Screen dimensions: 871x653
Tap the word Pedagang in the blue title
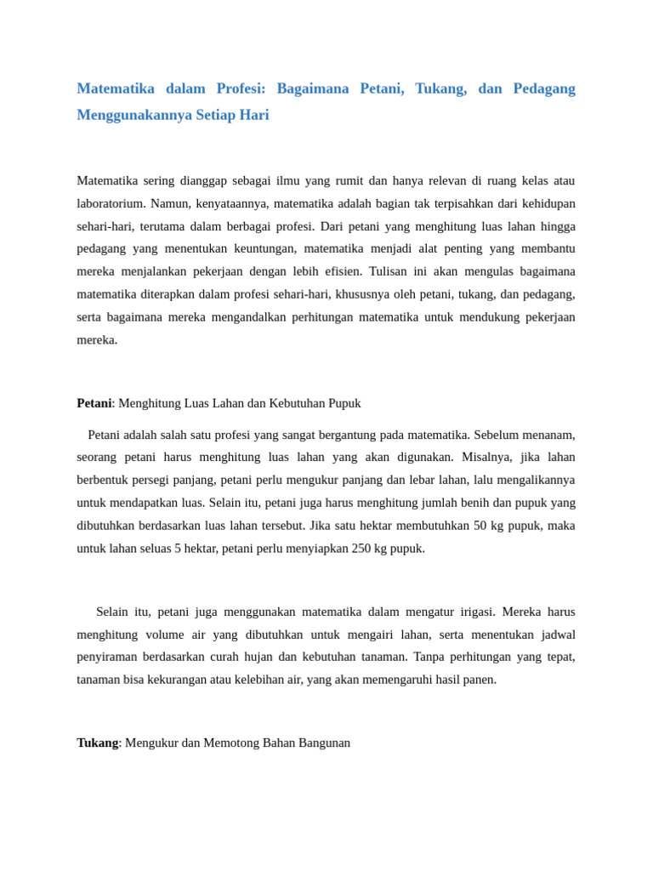[544, 88]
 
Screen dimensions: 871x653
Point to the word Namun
[169, 203]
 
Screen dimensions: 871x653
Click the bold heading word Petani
[94, 403]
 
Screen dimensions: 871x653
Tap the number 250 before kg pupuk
[361, 549]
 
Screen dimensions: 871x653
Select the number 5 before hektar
[178, 549]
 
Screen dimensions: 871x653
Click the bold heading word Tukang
[97, 743]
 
